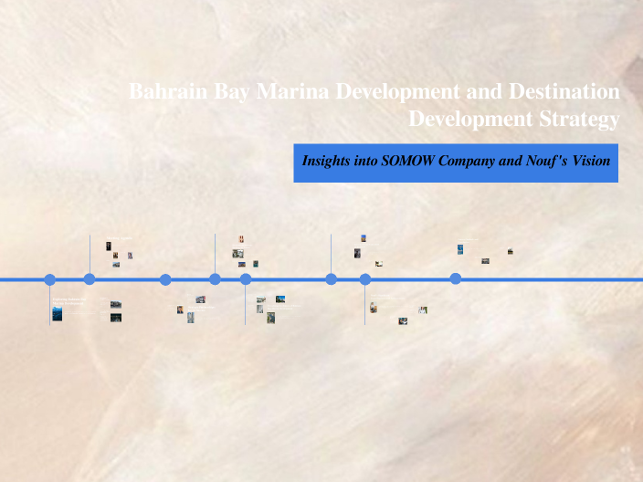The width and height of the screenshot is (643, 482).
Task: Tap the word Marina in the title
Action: point(292,92)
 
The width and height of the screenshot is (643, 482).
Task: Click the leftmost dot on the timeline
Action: point(50,279)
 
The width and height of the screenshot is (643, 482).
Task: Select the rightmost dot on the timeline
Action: point(456,279)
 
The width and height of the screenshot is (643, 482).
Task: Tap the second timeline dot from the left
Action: point(90,279)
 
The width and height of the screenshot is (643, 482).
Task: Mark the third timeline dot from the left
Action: point(165,279)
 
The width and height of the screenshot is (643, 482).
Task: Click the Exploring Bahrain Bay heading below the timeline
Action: point(68,300)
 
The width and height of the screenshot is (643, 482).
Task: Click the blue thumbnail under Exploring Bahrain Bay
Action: point(58,314)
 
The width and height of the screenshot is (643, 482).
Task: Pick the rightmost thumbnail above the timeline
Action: point(510,251)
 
